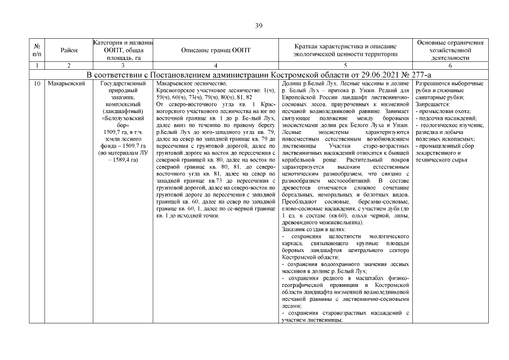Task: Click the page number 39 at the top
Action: [259, 25]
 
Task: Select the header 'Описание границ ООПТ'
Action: [216, 50]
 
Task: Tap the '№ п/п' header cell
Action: [37, 50]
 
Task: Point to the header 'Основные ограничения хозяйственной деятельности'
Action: [449, 50]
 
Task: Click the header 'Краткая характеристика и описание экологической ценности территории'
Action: [345, 50]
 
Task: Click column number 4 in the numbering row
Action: [216, 66]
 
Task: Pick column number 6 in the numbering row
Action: [449, 66]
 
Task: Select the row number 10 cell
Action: [37, 83]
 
